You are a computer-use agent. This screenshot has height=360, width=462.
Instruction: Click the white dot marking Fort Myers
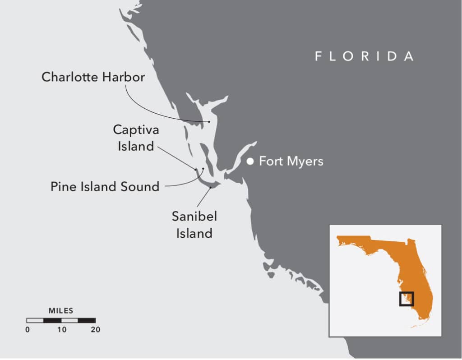coord(250,161)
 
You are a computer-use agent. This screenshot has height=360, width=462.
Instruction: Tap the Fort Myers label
coord(291,161)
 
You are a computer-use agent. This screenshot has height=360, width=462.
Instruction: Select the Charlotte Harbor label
coord(93,77)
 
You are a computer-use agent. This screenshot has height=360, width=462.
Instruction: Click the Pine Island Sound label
coord(105,186)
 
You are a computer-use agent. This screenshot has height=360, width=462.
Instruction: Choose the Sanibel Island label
coord(194,225)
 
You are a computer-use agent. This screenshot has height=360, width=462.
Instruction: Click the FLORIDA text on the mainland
coord(364,56)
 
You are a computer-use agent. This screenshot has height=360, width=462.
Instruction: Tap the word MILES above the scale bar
coord(61,311)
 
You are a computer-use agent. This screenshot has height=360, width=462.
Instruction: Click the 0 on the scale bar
coord(28,330)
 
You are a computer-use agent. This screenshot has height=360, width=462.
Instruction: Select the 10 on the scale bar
coord(61,330)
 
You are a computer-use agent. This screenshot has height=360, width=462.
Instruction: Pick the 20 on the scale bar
coord(95,330)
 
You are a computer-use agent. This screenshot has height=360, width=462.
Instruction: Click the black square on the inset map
coord(407,299)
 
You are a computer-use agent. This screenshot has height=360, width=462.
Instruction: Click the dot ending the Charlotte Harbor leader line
coord(209,122)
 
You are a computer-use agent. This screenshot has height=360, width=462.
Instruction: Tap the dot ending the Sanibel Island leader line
coord(211,187)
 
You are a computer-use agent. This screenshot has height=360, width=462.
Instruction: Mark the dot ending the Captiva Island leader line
coord(196,170)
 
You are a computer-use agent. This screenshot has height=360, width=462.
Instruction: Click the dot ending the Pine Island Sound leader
coord(203,169)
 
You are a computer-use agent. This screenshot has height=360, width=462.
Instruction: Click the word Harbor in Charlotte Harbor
coord(123,77)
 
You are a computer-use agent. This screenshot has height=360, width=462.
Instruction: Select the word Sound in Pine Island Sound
coord(142,186)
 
